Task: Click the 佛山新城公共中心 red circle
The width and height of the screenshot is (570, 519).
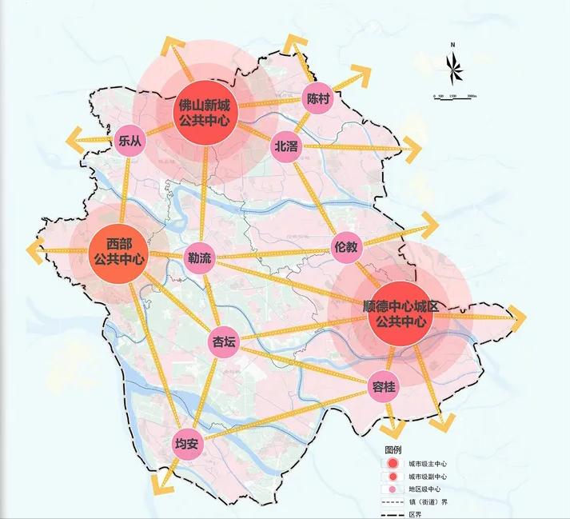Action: pyautogui.click(x=205, y=113)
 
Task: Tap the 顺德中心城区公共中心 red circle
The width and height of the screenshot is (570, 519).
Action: pyautogui.click(x=402, y=313)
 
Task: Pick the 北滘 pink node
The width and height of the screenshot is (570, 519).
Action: pyautogui.click(x=285, y=146)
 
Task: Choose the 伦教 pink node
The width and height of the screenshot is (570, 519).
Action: pyautogui.click(x=347, y=248)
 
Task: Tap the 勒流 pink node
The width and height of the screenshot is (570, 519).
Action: pyautogui.click(x=199, y=258)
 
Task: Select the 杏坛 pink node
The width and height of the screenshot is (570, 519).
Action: pyautogui.click(x=223, y=343)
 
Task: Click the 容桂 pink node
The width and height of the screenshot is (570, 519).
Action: pyautogui.click(x=384, y=387)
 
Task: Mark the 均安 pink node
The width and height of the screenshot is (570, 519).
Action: pyautogui.click(x=186, y=444)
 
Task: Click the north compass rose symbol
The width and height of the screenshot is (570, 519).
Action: pyautogui.click(x=452, y=66)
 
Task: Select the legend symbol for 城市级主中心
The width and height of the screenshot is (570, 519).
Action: pyautogui.click(x=392, y=464)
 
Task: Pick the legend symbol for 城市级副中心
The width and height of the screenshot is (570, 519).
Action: pyautogui.click(x=392, y=477)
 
